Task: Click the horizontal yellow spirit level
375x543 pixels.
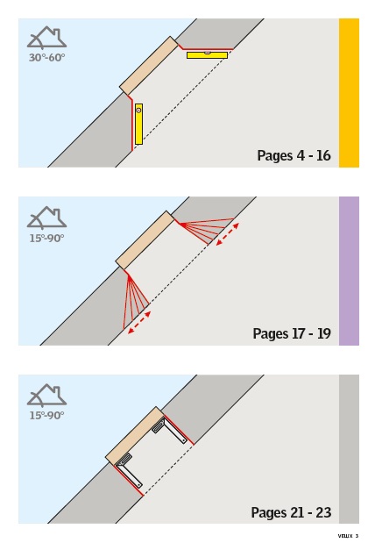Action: coord(207,55)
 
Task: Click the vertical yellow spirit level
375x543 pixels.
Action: coord(138,124)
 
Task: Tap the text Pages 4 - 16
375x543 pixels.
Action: coord(294,155)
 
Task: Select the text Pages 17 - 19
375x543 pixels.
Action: coord(292,333)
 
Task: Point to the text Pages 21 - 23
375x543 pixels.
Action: coord(291,512)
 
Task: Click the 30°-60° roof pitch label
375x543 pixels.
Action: coord(46,58)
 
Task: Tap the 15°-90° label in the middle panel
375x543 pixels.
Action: coord(46,239)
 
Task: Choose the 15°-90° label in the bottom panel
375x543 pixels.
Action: coord(46,415)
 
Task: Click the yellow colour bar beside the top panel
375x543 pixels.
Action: coord(349,93)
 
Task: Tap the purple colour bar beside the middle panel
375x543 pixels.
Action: coord(349,271)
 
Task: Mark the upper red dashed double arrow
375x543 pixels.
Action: coord(227,234)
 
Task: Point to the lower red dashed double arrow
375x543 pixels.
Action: coord(139,323)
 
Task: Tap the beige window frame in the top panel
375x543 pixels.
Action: coord(149,66)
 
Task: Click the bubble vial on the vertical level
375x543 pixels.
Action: coord(138,111)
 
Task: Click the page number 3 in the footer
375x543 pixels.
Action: coord(357,536)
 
